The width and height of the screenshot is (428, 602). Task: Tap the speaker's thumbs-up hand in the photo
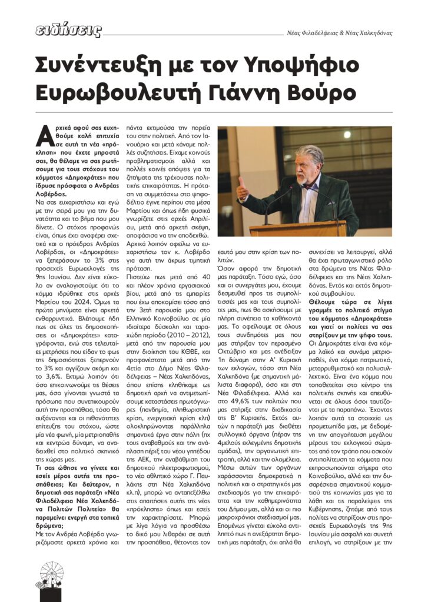pos(242,190)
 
